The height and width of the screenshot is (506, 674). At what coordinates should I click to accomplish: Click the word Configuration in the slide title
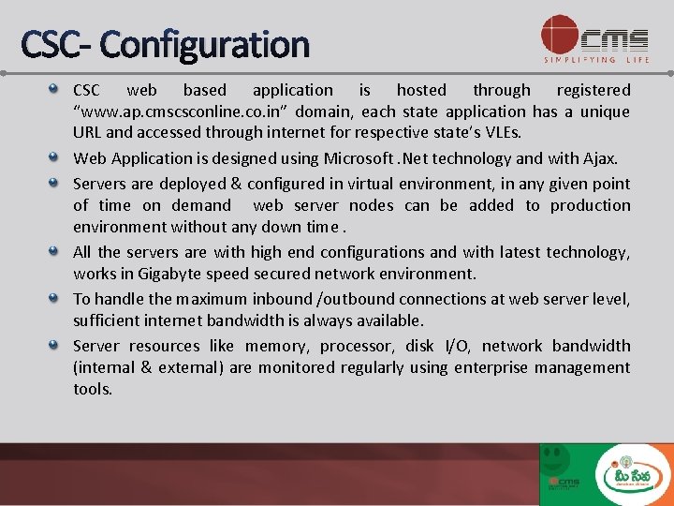click(203, 44)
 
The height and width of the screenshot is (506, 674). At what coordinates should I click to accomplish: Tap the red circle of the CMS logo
click(560, 35)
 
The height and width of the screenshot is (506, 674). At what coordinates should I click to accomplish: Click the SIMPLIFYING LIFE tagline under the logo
click(596, 60)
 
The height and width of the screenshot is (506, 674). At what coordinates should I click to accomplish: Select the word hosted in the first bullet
click(421, 90)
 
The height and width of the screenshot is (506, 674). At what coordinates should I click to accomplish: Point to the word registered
click(593, 90)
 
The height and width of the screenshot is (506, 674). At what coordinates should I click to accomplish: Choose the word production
click(590, 205)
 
